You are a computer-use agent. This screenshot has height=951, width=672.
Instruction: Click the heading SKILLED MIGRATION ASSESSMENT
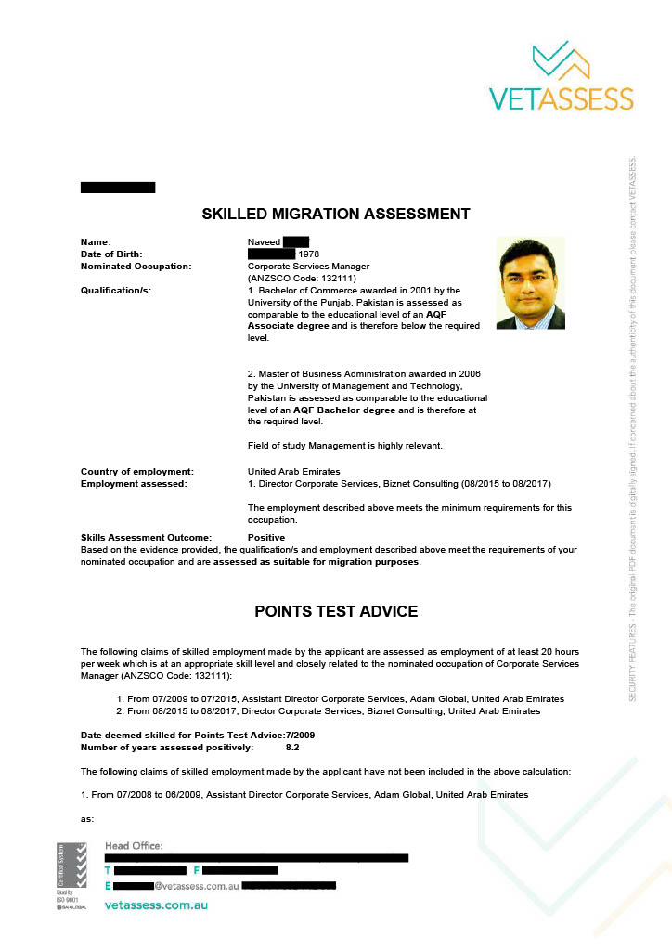coord(336,215)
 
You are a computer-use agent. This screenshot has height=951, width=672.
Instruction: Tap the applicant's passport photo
coord(530,283)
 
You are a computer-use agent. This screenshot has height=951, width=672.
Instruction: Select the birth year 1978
coord(308,254)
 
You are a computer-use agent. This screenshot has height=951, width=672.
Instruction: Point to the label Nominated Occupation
coord(136,267)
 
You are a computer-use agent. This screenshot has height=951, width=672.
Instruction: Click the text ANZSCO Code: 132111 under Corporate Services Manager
coord(303,279)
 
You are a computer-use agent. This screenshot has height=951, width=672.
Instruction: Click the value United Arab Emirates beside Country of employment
coord(293,472)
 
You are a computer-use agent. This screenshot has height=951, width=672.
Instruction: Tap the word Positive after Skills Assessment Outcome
coord(266,538)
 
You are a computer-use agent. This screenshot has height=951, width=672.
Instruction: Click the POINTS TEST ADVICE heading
coord(336,611)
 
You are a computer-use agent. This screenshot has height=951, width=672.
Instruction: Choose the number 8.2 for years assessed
coord(292,747)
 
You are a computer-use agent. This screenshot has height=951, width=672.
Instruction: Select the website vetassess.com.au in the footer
coord(156,905)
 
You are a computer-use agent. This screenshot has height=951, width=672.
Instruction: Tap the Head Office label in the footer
coord(134,845)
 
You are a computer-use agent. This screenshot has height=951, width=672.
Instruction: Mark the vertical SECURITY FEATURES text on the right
coord(633,427)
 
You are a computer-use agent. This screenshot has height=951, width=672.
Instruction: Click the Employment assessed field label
coord(134,484)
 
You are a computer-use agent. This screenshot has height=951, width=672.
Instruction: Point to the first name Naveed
coord(264,242)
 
